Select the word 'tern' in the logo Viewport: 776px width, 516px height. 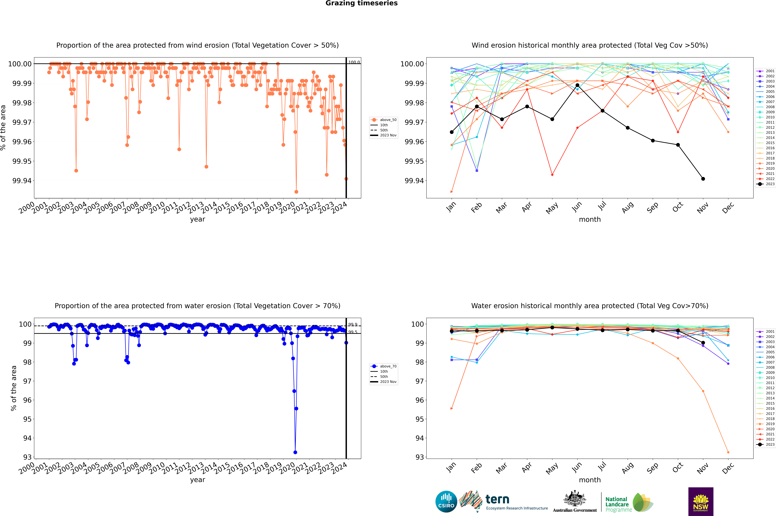pos(497,499)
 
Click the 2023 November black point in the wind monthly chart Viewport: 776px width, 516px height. pos(703,179)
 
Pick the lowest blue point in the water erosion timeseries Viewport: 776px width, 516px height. pos(295,452)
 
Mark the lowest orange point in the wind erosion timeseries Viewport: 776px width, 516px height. pos(296,192)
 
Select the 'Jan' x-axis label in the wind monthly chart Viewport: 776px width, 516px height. pos(451,207)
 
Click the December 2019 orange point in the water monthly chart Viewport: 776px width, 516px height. pos(728,452)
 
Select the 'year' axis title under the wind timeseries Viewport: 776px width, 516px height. pos(197,219)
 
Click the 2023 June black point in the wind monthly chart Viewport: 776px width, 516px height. pos(577,85)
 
